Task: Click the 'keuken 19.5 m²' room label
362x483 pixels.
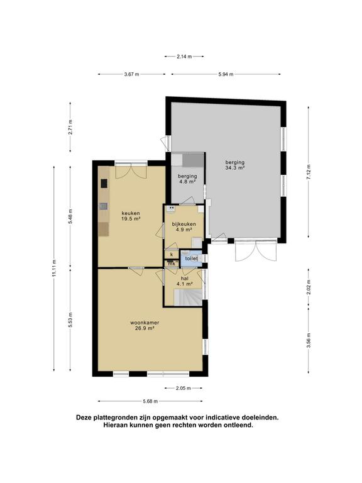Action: (131, 216)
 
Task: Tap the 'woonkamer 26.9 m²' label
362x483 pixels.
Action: (145, 326)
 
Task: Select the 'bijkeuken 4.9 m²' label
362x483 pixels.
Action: (184, 226)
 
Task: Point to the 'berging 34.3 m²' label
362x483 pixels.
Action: (235, 165)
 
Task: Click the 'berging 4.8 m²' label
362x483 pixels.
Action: (187, 179)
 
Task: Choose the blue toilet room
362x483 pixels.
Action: (191, 258)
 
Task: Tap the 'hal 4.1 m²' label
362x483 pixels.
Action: (185, 281)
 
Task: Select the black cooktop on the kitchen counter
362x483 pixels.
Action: (104, 184)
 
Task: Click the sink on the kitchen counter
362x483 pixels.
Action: (104, 206)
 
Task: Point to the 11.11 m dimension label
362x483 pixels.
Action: (54, 269)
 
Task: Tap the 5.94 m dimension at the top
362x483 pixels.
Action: (226, 74)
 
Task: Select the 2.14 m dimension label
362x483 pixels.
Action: (184, 57)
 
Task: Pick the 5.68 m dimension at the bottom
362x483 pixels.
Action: (150, 401)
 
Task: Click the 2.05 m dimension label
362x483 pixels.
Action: (184, 388)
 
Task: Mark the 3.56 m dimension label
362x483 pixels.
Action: (309, 340)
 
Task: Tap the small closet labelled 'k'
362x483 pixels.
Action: (172, 255)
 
